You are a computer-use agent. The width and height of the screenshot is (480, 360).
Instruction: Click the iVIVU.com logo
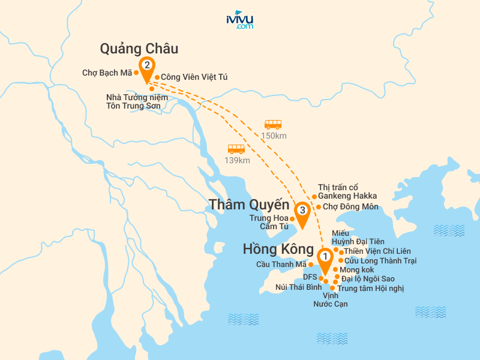[239, 20]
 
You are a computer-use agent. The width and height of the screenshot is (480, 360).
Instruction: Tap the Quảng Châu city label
[139, 49]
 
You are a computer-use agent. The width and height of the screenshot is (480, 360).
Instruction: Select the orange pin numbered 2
[146, 68]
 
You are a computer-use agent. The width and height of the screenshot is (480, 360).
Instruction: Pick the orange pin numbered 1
[325, 260]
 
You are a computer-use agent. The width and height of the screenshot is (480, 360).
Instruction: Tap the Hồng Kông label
[278, 249]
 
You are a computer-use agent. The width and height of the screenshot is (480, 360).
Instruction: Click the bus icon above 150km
[273, 125]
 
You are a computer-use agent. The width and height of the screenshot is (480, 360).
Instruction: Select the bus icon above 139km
[236, 149]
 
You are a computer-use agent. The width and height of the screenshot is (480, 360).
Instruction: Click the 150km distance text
[274, 136]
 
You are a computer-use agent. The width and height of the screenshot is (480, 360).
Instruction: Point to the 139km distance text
[236, 160]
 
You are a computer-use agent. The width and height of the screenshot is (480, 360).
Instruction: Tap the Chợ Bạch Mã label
[107, 73]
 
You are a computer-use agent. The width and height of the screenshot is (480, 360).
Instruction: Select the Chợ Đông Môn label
[350, 207]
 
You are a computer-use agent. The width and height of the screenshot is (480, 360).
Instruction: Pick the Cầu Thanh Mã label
[281, 265]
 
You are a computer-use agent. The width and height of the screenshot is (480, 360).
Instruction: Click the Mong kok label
[357, 270]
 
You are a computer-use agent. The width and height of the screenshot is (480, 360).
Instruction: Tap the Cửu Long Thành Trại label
[380, 261]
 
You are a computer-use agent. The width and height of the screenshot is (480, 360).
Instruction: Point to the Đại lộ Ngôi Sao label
[368, 279]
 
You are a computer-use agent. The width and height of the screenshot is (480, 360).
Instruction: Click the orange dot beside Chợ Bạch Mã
[137, 73]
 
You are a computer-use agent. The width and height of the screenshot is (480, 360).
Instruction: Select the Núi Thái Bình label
[299, 287]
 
